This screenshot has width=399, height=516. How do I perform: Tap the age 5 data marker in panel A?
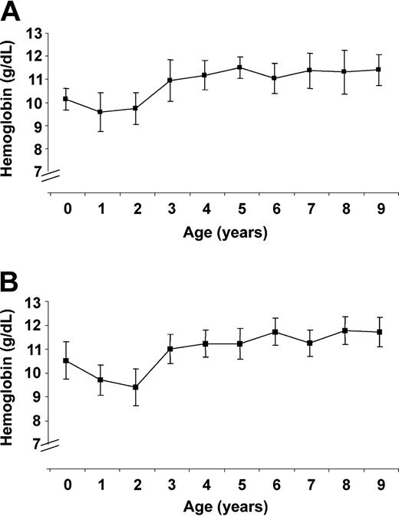click(x=239, y=67)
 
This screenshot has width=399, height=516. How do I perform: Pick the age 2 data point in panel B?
click(x=135, y=387)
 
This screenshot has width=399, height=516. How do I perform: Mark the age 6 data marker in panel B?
click(x=274, y=332)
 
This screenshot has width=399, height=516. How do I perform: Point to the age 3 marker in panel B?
click(x=170, y=349)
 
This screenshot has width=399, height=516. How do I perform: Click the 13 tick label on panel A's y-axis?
click(x=34, y=33)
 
